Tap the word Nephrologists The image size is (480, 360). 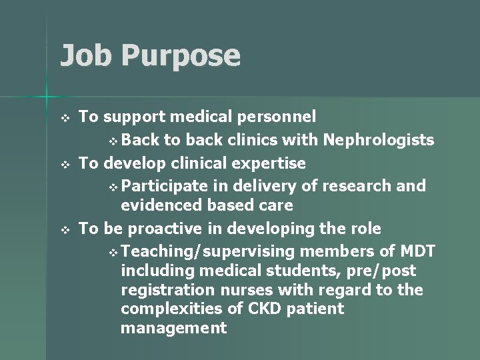(x=379, y=140)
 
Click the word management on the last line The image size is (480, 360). (x=173, y=329)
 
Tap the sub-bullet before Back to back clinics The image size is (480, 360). (x=114, y=141)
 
